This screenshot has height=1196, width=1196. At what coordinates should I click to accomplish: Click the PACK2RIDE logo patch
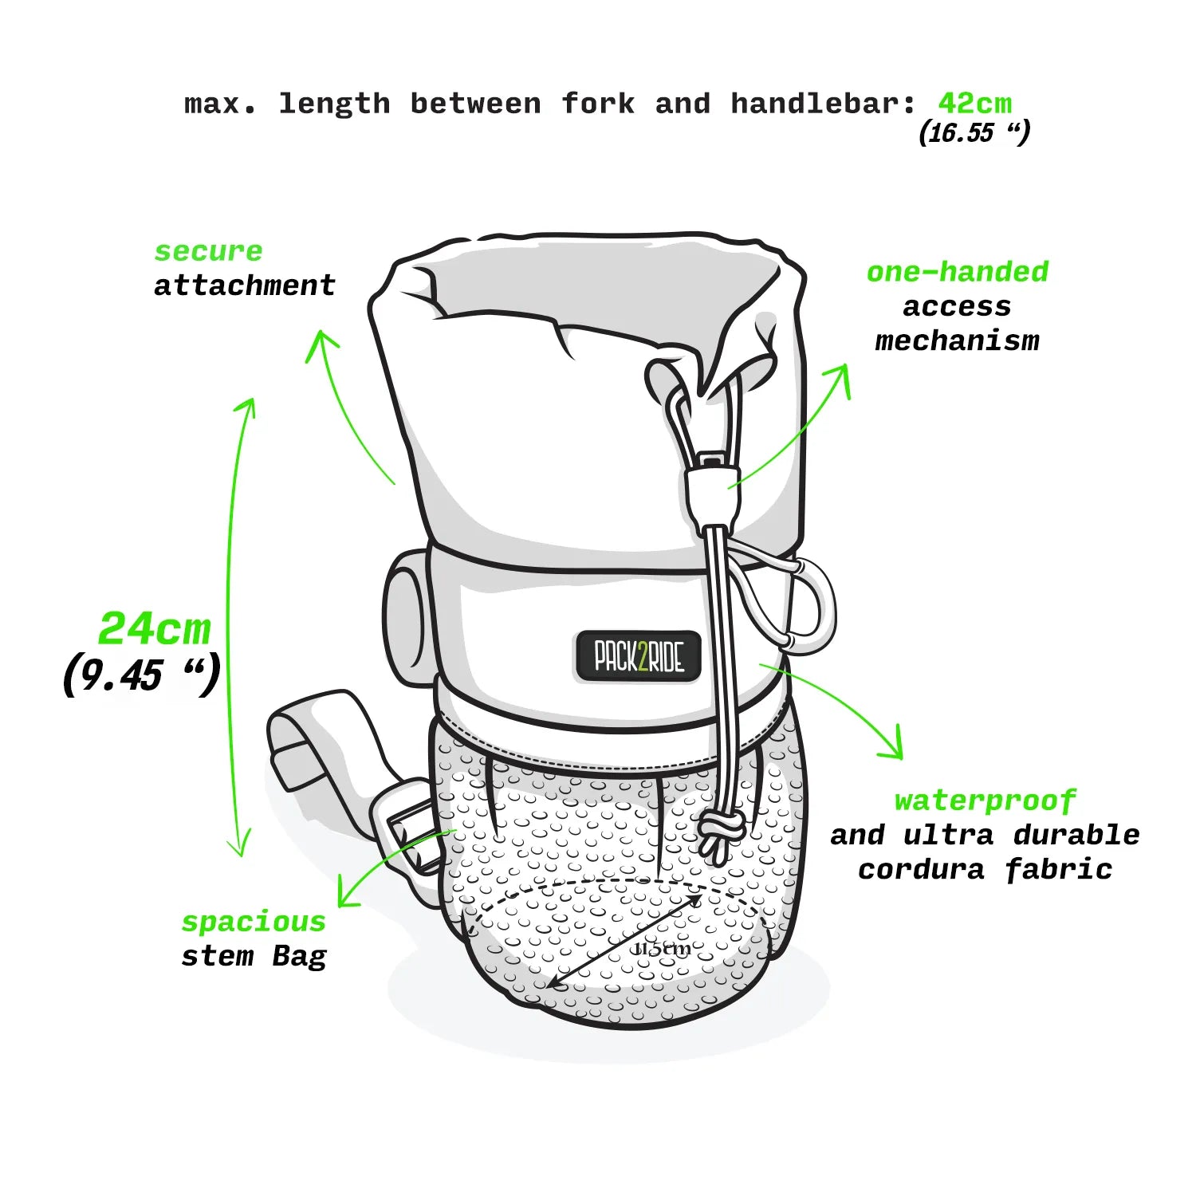point(638,657)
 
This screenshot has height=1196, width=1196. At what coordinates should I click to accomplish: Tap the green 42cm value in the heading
point(974,104)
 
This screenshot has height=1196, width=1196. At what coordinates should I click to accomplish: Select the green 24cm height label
point(155,629)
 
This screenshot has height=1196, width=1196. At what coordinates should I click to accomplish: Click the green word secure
point(208,251)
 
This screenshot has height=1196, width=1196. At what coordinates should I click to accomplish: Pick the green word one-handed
point(957,272)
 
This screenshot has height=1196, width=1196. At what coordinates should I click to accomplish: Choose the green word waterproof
point(985,801)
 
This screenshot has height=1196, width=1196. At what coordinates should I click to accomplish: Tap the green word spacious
point(254,922)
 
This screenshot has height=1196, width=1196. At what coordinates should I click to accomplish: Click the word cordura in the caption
point(921,869)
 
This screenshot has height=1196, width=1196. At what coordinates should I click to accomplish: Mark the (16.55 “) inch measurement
point(974,132)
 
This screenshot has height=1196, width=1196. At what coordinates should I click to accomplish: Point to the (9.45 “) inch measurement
point(141,676)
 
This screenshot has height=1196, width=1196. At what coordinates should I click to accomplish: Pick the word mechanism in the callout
point(957,341)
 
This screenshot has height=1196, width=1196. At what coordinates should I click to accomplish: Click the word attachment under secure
point(245,285)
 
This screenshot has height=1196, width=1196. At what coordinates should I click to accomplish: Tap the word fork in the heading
point(598,104)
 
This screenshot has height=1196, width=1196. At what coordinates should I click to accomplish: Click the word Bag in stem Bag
point(299,956)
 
